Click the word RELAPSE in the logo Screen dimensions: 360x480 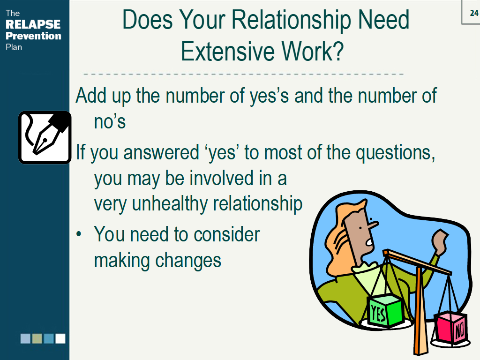click(33, 24)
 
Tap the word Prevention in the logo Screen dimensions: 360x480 click(33, 36)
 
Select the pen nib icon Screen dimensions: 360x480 click(45, 137)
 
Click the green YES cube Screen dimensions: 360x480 click(384, 310)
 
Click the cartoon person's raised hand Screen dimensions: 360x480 click(441, 241)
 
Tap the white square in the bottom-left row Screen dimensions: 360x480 click(60, 338)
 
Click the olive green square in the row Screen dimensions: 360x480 click(37, 338)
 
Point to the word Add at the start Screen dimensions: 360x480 click(91, 96)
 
